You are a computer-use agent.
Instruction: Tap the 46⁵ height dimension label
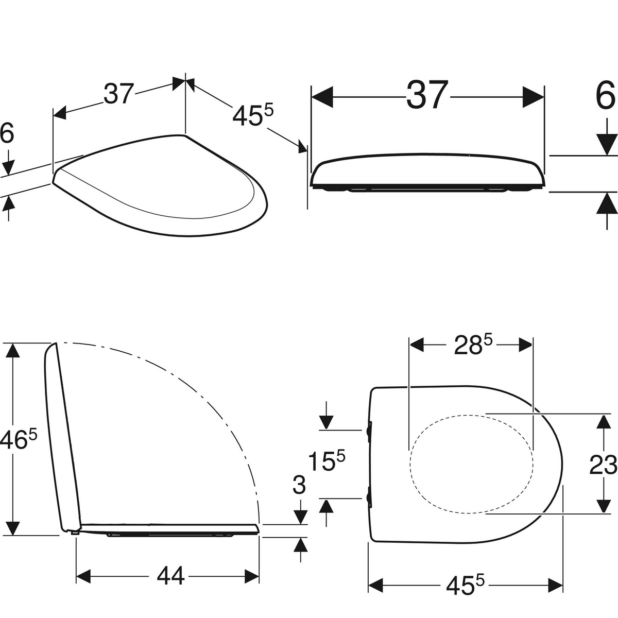click(x=18, y=440)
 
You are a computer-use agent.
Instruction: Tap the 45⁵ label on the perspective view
click(x=253, y=115)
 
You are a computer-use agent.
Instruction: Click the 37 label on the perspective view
click(x=118, y=94)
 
